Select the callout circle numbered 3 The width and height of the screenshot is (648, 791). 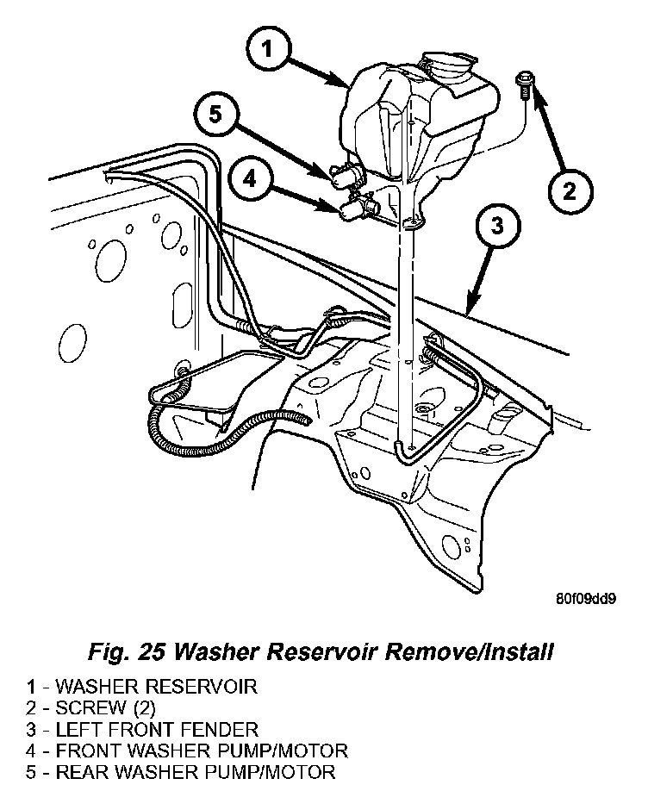point(496,227)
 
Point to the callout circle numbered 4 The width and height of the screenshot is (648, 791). point(251,180)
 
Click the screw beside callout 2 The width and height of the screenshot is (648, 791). point(523,88)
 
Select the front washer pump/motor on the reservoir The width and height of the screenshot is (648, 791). point(359,209)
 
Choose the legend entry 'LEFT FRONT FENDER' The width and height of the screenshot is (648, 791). point(156,729)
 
